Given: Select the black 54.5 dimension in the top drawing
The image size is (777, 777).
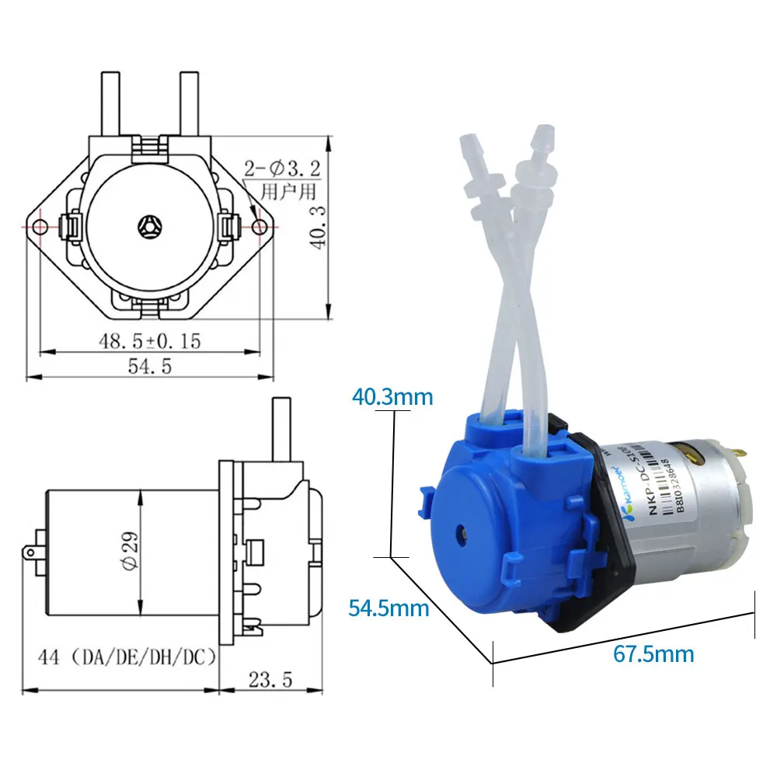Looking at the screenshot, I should (149, 366).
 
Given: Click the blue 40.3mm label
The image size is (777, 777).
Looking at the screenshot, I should (392, 397).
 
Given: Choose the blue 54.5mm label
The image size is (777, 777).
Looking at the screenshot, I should (388, 608).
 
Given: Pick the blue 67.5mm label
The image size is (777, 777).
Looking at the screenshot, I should (653, 653).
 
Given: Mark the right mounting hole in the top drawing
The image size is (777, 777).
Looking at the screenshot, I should (260, 226).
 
